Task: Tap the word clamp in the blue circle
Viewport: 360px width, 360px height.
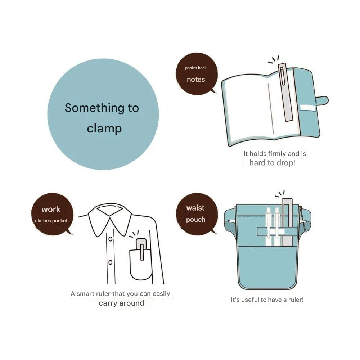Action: [x=104, y=129]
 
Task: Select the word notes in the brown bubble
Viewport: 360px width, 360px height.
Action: [x=196, y=80]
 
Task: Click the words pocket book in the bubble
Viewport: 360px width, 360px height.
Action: [x=196, y=68]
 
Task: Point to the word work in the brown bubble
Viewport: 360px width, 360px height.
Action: [x=51, y=210]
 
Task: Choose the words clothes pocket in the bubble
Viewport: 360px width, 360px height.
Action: [x=51, y=221]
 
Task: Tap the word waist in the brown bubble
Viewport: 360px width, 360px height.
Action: [x=195, y=208]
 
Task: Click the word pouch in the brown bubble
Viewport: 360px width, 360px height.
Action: [x=195, y=220]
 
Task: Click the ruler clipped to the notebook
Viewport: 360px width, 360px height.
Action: [x=285, y=92]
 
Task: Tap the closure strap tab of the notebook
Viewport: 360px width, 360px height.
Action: [x=323, y=100]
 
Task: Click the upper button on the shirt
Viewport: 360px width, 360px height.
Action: [x=111, y=239]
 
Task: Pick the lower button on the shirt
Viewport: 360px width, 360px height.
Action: [x=111, y=262]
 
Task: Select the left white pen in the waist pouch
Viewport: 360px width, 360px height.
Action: [x=269, y=226]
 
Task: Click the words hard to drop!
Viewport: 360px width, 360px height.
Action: [x=272, y=163]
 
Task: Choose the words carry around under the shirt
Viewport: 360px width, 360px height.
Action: [x=121, y=303]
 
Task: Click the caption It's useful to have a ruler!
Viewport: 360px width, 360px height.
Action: [x=267, y=300]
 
